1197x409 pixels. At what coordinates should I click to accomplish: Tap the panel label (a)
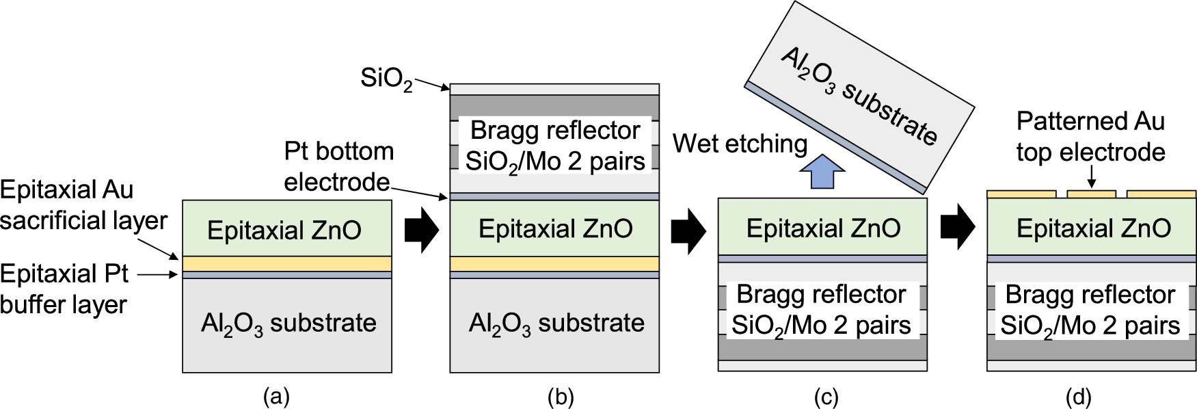(276, 397)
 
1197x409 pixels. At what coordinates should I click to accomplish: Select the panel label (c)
(825, 397)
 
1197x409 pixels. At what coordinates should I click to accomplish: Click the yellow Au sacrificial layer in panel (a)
(287, 263)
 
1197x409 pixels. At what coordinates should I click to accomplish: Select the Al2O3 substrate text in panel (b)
(556, 324)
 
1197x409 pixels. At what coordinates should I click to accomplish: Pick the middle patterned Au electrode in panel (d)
(1091, 194)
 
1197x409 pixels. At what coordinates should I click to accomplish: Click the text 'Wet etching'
(740, 144)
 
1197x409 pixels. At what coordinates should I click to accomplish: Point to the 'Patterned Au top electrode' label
(1090, 136)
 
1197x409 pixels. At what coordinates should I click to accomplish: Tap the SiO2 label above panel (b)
(386, 79)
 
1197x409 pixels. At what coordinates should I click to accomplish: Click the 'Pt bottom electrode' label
(338, 166)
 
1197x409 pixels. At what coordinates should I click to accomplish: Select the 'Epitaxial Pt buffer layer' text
(64, 289)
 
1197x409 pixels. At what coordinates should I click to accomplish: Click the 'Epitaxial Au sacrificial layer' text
(82, 204)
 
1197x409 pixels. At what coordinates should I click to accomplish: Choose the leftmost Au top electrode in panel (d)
(1021, 194)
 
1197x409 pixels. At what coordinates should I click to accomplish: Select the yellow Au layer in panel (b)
(554, 263)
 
